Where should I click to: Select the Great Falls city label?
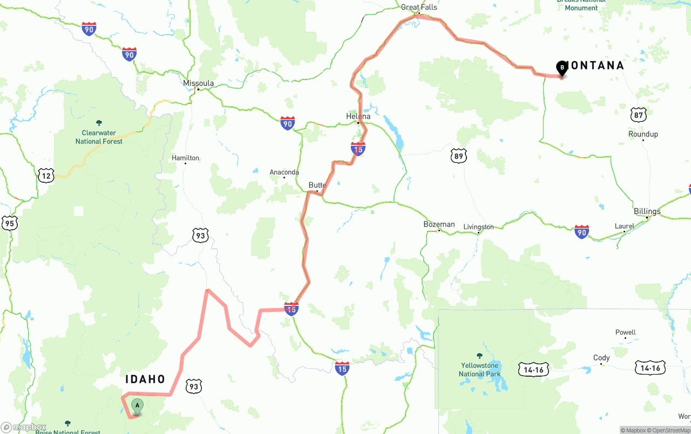tap(419, 8)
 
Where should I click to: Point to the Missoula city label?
tap(198, 83)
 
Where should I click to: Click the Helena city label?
tap(358, 116)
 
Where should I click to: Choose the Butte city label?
tap(317, 185)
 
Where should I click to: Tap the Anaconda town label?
tap(284, 172)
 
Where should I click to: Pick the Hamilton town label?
tap(185, 158)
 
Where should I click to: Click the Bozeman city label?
tap(439, 224)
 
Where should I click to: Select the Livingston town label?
tap(479, 227)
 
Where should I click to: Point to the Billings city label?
tap(647, 211)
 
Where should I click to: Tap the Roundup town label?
tap(643, 134)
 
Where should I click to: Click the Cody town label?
tap(601, 358)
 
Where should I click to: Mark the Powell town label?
tap(626, 332)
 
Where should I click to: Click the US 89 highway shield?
tap(458, 156)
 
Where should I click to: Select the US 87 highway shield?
tap(638, 115)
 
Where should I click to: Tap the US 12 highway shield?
tap(46, 175)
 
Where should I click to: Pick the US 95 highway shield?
tap(9, 223)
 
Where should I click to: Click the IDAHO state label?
tap(145, 379)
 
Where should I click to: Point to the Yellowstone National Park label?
tap(479, 370)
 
